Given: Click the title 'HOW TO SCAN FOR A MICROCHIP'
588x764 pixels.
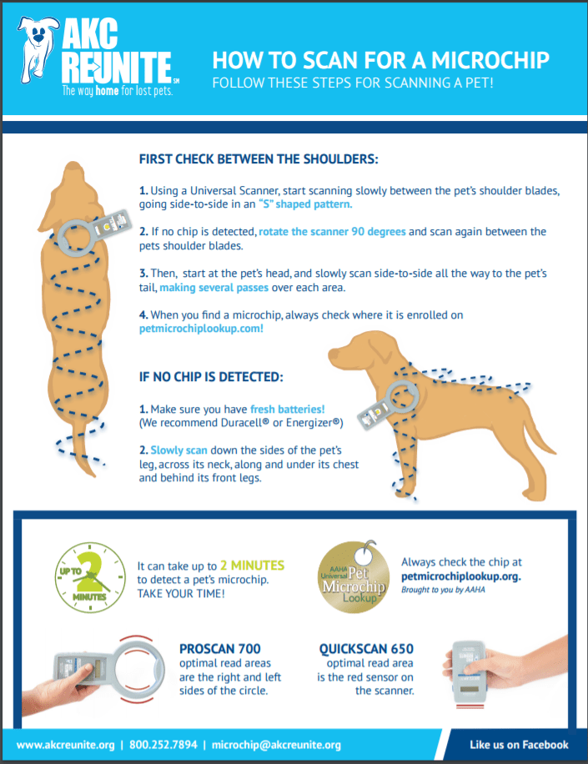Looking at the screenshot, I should click(x=380, y=61).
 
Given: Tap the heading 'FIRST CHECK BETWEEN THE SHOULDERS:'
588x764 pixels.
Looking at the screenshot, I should click(x=259, y=158).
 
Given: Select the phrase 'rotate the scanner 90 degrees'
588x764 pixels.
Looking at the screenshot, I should click(x=332, y=231).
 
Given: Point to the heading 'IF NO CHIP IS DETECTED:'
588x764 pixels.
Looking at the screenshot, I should click(x=211, y=377).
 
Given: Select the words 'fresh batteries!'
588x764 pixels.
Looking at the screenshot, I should click(x=287, y=410).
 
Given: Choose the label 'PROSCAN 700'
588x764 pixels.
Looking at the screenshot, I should click(x=219, y=649).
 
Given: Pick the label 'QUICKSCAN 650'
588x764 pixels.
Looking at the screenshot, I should click(x=366, y=649).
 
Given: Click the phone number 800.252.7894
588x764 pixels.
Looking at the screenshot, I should click(x=165, y=745).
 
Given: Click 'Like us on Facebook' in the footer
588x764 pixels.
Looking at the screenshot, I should click(x=519, y=745).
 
